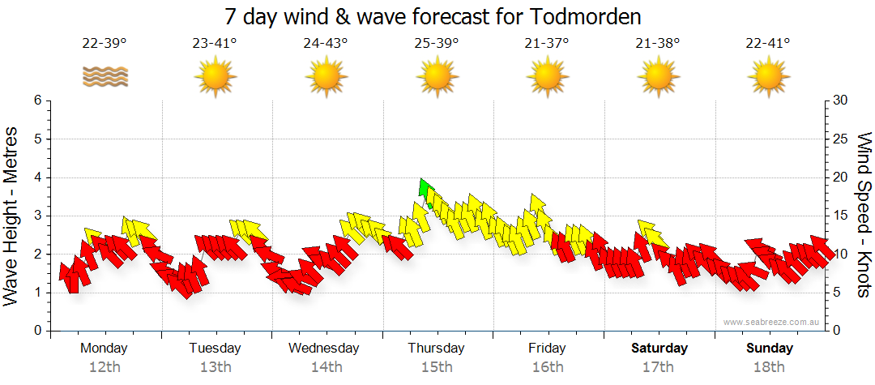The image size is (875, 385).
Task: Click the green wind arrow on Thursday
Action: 423,189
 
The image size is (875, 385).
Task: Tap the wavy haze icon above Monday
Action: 105,77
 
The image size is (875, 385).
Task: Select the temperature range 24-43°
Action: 326,44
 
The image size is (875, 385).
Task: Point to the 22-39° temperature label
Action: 105,44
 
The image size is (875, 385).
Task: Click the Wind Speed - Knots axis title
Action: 864,215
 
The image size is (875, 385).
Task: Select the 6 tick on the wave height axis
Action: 37,101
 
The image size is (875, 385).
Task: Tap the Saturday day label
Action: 659,349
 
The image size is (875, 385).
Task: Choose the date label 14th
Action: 326,366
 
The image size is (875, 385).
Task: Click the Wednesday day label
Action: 324,349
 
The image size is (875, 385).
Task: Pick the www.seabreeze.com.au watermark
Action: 771,322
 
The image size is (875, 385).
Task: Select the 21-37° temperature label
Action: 547,44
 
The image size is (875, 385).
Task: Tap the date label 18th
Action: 769,366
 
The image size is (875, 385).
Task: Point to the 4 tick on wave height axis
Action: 37,178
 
